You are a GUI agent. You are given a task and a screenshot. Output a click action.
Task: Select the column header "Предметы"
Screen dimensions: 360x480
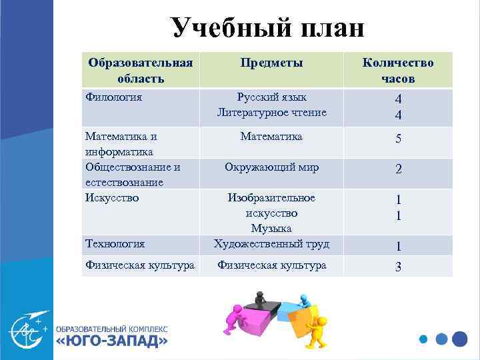coord(272,63)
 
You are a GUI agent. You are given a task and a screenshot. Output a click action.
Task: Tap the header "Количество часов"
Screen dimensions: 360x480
coord(397,70)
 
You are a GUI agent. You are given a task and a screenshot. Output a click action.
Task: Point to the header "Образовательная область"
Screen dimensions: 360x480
coord(141,70)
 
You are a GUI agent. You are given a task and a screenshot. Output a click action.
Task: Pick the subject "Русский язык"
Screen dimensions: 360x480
coord(271,97)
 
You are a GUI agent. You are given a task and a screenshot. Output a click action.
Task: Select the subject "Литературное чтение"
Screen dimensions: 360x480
coord(271,113)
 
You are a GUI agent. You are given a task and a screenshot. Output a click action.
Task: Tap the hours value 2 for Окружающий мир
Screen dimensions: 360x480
coord(398,169)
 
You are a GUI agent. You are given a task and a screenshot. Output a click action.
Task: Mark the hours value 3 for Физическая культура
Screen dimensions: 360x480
coord(398,267)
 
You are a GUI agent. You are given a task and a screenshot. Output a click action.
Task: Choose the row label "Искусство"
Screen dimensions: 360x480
coord(112,197)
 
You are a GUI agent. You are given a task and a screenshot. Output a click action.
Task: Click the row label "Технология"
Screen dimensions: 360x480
coord(115,244)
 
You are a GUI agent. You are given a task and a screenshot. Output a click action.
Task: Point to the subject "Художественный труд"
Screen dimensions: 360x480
coord(271,244)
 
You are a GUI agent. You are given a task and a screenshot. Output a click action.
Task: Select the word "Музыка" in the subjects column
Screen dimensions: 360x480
coord(271,229)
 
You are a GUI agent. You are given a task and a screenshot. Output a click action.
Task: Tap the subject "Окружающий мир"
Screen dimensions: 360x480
coord(271,167)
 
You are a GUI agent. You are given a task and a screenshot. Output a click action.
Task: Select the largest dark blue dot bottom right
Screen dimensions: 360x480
coord(459,338)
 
